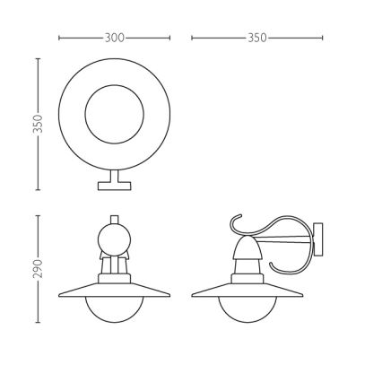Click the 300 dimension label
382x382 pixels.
pos(114,39)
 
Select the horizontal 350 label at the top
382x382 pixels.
pos(257,39)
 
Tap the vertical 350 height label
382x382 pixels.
pos(38,124)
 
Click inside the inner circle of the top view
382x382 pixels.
pos(114,114)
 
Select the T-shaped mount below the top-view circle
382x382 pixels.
pos(115,182)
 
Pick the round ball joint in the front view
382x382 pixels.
pos(115,239)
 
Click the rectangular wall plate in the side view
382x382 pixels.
pos(322,239)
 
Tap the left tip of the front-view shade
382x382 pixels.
pos(59,294)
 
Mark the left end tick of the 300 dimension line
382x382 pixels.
pos(58,39)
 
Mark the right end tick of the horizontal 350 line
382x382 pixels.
pos(323,39)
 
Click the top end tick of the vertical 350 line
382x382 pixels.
pos(38,59)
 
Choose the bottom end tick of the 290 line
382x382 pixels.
pos(38,322)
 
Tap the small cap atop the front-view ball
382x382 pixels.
pos(115,219)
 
